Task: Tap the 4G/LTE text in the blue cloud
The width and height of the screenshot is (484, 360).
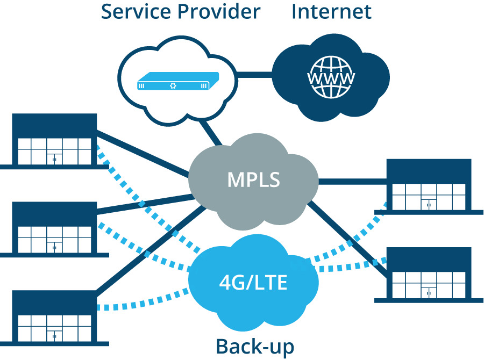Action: point(253,282)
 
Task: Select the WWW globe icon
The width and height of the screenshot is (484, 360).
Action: point(331,78)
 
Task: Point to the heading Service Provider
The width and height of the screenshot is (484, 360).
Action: point(181,11)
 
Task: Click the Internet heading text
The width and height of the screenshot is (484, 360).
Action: point(331,11)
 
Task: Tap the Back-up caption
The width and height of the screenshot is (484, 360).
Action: point(255,346)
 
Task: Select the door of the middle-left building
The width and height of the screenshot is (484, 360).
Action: point(54,247)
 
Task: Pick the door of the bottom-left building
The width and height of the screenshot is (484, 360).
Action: point(54,335)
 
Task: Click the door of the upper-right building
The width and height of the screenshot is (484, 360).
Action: point(429,204)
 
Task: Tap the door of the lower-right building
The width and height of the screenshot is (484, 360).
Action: point(429,293)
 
